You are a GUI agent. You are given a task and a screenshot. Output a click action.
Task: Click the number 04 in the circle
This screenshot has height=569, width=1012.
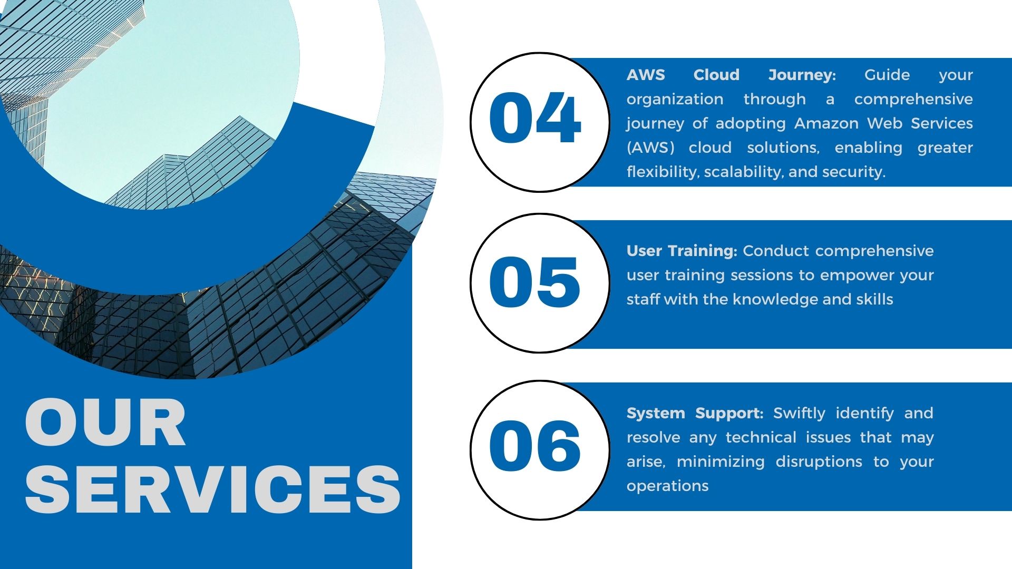coord(535,117)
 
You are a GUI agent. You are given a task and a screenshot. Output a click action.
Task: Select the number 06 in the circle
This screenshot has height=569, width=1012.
coord(535,446)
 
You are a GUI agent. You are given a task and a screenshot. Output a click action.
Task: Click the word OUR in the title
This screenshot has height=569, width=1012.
coord(105,423)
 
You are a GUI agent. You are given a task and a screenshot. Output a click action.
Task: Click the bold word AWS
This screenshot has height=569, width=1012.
coord(646,75)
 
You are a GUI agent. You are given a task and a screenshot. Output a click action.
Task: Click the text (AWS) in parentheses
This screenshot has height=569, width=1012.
coord(650,148)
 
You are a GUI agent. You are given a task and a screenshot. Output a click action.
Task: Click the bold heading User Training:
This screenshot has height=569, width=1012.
coord(682,251)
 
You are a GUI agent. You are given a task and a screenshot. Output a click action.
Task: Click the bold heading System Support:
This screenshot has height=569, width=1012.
coord(695,414)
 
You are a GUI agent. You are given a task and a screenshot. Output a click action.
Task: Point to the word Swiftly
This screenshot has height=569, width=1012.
coord(800,414)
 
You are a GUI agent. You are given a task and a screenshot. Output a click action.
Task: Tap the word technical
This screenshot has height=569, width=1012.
coord(761,437)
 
